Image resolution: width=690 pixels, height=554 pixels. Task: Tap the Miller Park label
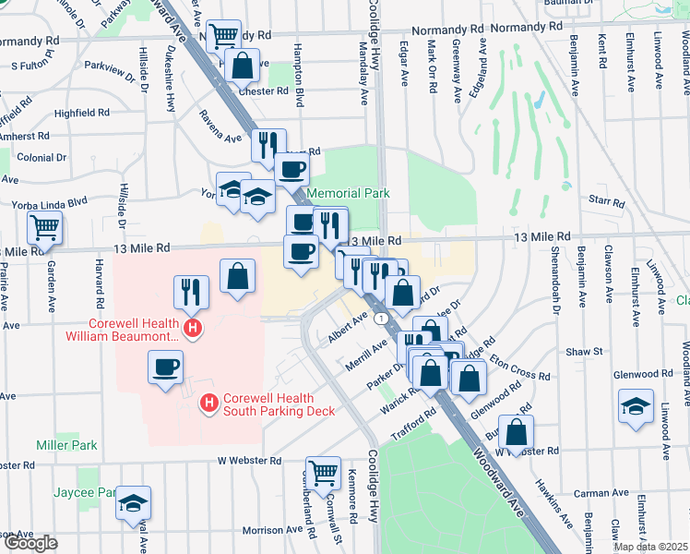tap(66, 445)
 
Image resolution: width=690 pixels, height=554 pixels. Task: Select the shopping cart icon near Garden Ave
tap(44, 225)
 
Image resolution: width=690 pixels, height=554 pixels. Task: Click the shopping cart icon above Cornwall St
tap(323, 471)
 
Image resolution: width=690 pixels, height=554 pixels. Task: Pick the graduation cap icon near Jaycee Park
tap(135, 502)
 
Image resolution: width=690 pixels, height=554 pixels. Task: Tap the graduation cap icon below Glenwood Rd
tap(636, 405)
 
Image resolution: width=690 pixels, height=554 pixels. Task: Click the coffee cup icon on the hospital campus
tap(166, 367)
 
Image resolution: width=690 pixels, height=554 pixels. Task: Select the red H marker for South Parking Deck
tap(209, 403)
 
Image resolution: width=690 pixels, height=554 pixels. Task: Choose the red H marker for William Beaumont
tap(193, 328)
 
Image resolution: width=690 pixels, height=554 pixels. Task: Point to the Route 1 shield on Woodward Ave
tap(380, 318)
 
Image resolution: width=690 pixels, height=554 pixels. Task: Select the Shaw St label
tap(584, 352)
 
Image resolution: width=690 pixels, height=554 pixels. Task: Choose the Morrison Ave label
tap(272, 530)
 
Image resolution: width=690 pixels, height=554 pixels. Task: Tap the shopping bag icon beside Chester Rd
tap(241, 65)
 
